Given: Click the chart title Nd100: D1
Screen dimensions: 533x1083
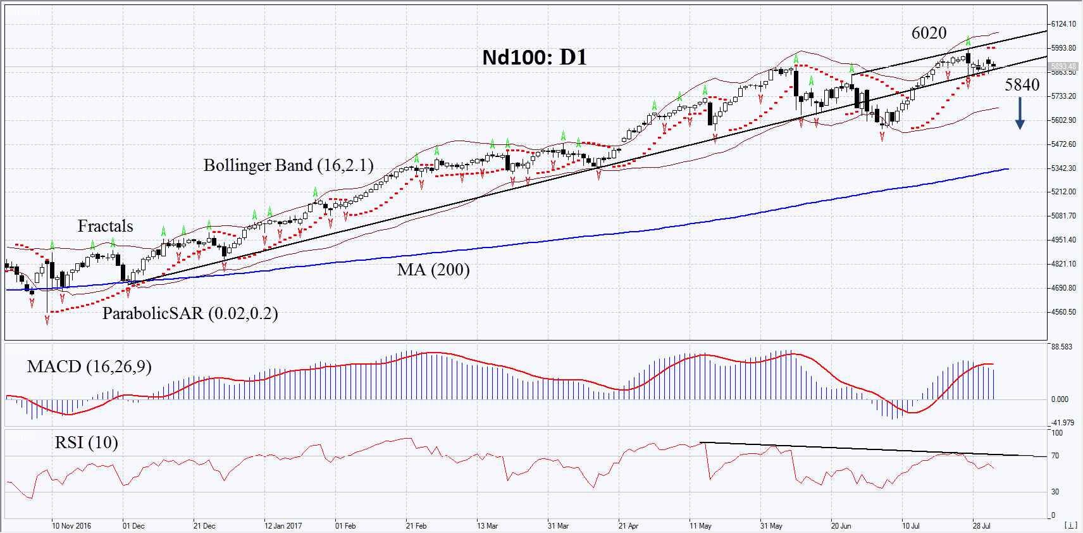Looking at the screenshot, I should point(535,58).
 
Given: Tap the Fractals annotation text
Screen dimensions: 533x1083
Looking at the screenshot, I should point(105,226).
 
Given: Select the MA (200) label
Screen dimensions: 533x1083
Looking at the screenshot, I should point(433,270).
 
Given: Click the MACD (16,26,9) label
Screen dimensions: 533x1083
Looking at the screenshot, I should point(89,367).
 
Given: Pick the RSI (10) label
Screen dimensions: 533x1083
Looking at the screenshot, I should point(86,442).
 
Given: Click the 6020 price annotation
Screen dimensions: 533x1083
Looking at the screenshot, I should point(929,33).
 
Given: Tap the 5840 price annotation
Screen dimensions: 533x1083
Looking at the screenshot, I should point(1022,85).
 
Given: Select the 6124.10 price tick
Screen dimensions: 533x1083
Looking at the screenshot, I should point(1063,24).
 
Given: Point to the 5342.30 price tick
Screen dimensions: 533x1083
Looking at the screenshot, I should point(1063,168).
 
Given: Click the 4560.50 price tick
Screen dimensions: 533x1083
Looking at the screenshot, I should point(1063,312).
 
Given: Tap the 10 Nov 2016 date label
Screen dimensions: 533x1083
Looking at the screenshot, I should point(71,526).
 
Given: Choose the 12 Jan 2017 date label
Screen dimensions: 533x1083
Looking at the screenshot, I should point(283,526).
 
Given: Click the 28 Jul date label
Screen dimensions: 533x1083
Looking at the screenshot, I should point(982,526).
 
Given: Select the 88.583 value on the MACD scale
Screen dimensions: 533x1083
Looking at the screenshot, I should point(1061,347).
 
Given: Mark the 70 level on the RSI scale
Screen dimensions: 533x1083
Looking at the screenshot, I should point(1055,456).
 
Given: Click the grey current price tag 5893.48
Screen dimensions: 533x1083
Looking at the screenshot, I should point(1063,66).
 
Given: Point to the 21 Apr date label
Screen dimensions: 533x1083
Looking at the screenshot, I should point(628,526).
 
